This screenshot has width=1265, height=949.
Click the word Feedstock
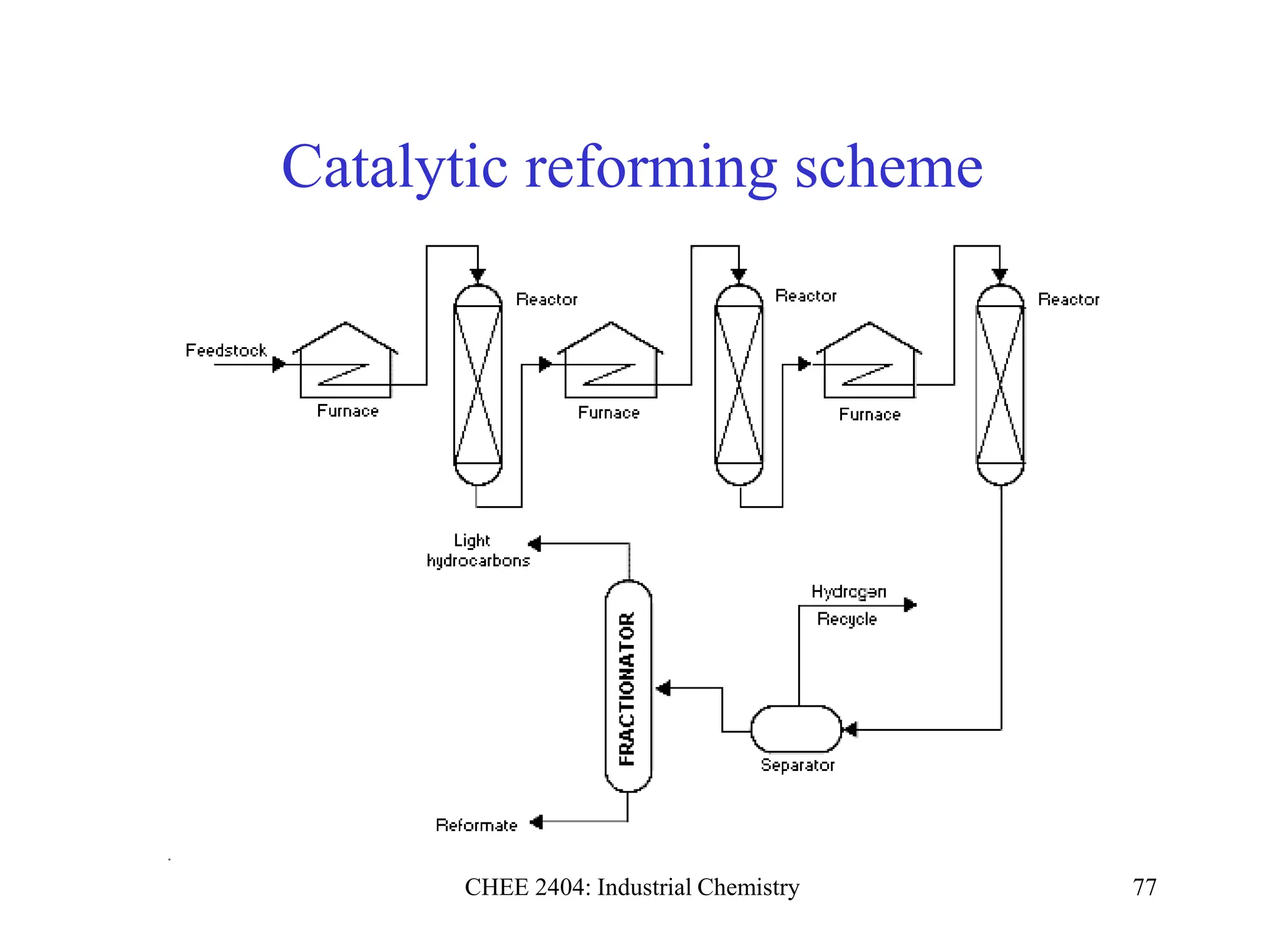pyautogui.click(x=226, y=350)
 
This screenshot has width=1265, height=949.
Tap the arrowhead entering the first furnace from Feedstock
pyautogui.click(x=279, y=364)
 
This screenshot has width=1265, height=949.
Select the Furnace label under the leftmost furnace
pyautogui.click(x=348, y=411)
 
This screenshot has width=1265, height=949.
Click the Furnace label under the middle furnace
pyautogui.click(x=608, y=413)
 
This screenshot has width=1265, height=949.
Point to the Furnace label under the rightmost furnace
pyautogui.click(x=870, y=415)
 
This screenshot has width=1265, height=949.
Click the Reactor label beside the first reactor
pyautogui.click(x=547, y=300)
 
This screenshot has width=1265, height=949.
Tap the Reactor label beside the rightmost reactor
pyautogui.click(x=1069, y=300)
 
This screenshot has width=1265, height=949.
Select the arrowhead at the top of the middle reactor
pyautogui.click(x=739, y=275)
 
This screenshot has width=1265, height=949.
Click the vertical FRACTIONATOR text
pyautogui.click(x=627, y=689)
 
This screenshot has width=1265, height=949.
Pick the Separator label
pyautogui.click(x=797, y=765)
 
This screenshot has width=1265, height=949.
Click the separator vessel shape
pyautogui.click(x=796, y=730)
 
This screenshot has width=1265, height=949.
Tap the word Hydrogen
pyautogui.click(x=849, y=592)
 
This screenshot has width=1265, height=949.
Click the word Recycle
pyautogui.click(x=847, y=618)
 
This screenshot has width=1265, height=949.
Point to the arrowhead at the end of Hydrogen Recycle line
pyautogui.click(x=910, y=605)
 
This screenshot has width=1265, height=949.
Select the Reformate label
pyautogui.click(x=476, y=825)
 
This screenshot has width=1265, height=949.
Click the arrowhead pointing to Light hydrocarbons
pyautogui.click(x=535, y=544)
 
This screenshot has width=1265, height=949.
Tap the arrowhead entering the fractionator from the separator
pyautogui.click(x=663, y=688)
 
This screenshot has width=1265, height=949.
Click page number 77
pyautogui.click(x=1145, y=887)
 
